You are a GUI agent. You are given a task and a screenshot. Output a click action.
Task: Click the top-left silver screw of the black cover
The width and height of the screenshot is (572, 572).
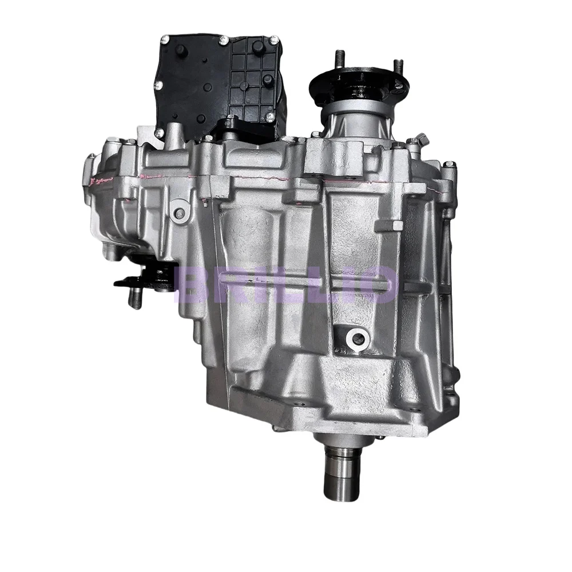(165, 39)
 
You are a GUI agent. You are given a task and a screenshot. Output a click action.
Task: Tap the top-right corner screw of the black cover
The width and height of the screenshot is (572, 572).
(275, 39)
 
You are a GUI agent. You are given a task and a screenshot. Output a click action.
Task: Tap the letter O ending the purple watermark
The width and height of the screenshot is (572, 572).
(378, 284)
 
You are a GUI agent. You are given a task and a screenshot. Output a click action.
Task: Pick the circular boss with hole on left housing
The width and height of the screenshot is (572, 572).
(180, 213)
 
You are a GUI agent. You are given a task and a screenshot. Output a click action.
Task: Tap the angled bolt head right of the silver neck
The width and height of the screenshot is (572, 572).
(422, 139)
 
